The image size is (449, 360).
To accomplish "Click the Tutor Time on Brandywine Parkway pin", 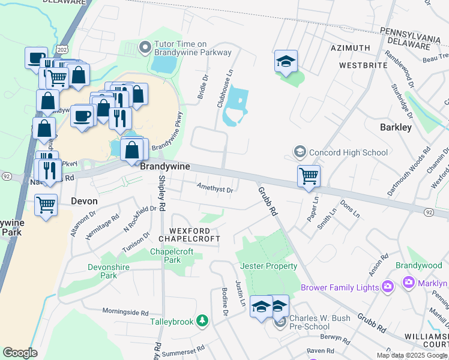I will (144, 47).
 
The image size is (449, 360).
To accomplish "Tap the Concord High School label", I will (349, 152).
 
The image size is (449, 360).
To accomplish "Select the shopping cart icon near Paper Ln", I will (309, 176).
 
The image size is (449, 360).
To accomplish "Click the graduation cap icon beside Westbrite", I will (286, 60).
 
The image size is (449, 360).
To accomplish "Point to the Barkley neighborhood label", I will (396, 127).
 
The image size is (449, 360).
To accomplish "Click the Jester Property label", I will (268, 266).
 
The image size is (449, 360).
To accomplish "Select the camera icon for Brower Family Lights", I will (387, 287).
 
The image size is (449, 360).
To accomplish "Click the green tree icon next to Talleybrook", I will (203, 322).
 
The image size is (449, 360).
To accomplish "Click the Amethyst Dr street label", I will (215, 188).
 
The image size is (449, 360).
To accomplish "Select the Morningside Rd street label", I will (125, 313).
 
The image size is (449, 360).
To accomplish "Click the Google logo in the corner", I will (20, 353).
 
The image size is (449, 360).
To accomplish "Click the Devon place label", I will (83, 202).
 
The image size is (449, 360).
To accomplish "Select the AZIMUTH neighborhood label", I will (350, 47).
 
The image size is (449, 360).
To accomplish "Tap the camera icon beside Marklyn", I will (409, 282).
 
